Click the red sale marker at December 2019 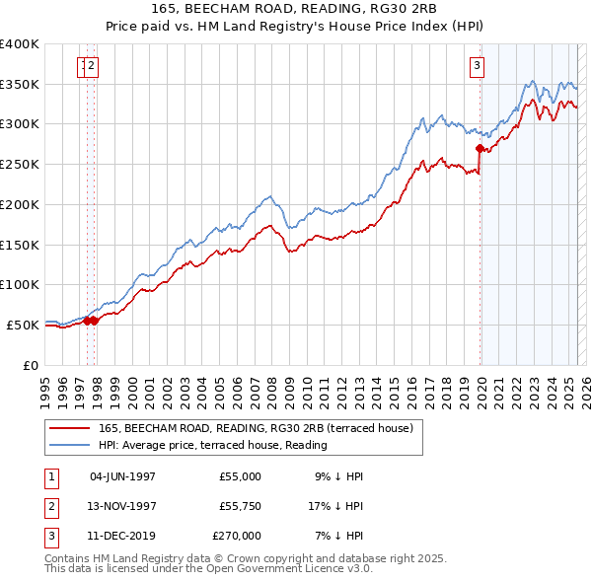tap(481, 149)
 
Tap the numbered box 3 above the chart tap(477, 66)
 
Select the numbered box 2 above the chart tap(91, 66)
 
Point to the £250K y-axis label tap(20, 164)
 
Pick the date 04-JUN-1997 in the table tap(122, 476)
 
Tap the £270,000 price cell tap(236, 536)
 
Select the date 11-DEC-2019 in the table tap(122, 536)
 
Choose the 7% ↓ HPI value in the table tap(338, 536)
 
